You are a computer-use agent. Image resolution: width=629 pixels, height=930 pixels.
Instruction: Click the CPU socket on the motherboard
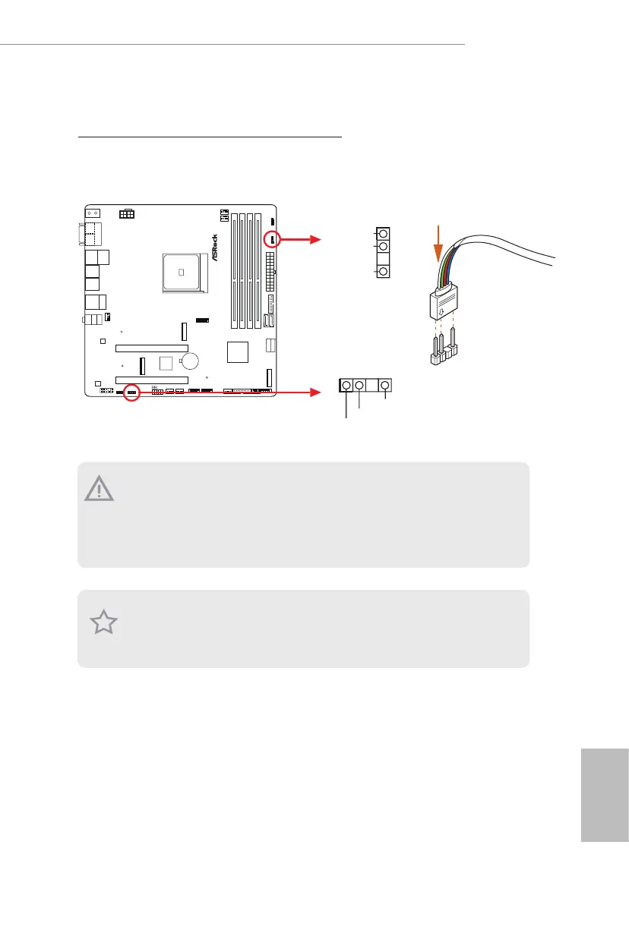pos(183,272)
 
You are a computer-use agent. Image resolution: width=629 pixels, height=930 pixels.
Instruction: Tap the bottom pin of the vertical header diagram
pos(384,271)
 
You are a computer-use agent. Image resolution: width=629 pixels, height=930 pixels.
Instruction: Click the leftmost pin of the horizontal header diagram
pos(347,386)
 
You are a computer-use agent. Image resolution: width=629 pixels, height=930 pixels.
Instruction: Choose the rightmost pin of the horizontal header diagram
pos(386,386)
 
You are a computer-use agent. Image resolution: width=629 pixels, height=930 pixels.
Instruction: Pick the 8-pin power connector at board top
pos(128,215)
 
